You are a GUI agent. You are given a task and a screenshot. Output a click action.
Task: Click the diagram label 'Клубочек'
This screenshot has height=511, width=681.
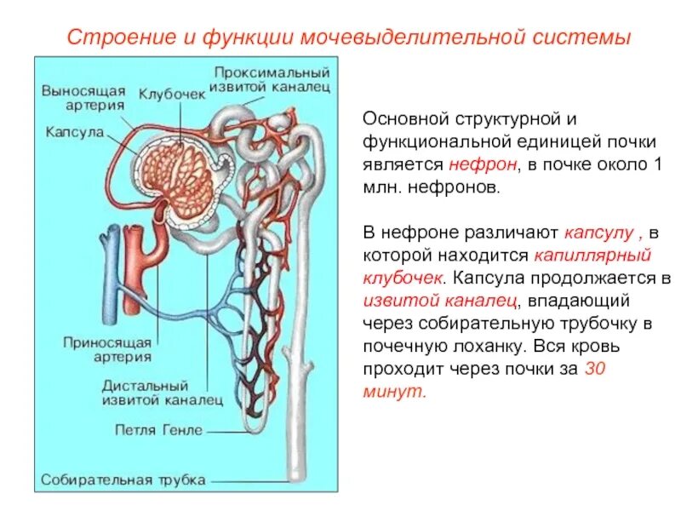172,94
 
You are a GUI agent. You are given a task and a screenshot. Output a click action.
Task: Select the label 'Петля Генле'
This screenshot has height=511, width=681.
159,429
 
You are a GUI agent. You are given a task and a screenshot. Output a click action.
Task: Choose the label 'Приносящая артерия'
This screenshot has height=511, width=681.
107,350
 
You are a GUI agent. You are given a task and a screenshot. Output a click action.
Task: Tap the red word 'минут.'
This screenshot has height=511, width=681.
393,393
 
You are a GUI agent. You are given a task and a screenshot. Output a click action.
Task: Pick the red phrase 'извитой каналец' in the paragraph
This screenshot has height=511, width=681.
439,301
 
